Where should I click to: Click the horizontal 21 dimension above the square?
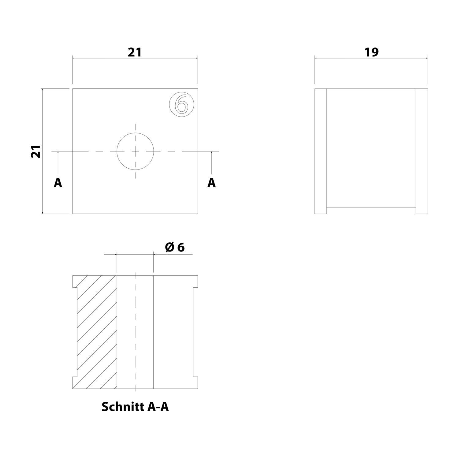point(135,52)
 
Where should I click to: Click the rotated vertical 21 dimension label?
point(36,151)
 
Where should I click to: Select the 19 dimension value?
point(371,52)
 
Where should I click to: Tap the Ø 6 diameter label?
point(175,247)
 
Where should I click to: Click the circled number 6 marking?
point(182,105)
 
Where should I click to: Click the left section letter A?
point(58,183)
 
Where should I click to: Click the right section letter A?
point(211,183)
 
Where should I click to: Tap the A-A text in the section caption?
point(158,407)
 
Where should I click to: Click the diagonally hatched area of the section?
point(96,332)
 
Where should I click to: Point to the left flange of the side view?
point(321,151)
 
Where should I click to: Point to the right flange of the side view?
point(422,151)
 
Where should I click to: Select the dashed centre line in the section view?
point(135,332)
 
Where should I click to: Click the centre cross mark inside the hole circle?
point(135,151)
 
